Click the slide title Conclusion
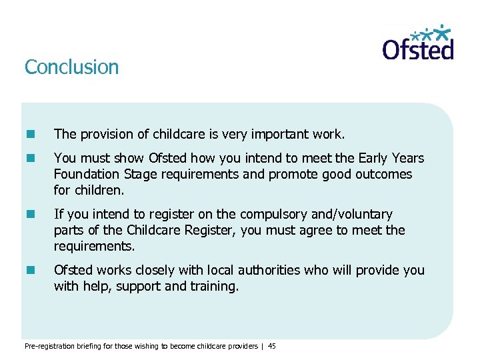[71, 67]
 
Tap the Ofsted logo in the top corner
[418, 43]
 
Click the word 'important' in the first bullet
[281, 135]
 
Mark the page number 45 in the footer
[272, 346]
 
